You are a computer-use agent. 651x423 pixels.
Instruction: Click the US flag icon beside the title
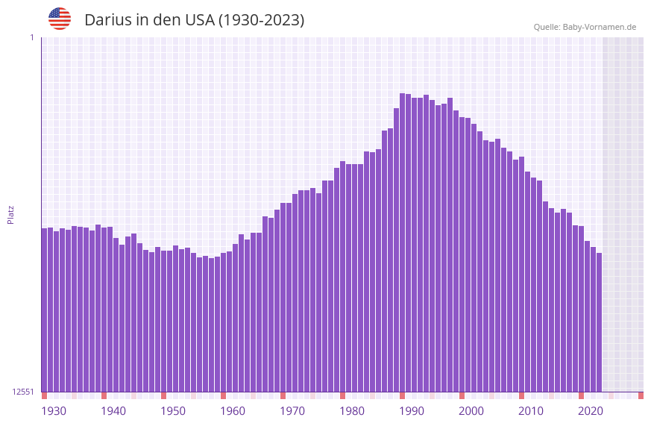click(x=60, y=19)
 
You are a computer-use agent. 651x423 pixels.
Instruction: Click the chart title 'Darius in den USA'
click(x=194, y=20)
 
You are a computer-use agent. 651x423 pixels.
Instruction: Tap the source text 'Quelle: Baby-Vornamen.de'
click(x=585, y=27)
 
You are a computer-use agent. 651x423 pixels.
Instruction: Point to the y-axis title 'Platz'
click(x=10, y=214)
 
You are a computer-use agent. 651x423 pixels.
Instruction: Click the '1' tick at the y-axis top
click(x=31, y=37)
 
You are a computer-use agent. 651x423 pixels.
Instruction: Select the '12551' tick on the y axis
click(x=23, y=392)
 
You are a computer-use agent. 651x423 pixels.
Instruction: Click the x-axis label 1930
click(x=54, y=411)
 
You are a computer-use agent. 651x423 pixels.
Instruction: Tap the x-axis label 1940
click(x=113, y=411)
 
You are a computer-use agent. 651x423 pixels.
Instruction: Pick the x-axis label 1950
click(x=173, y=411)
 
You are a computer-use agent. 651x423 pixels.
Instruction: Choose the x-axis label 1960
click(x=233, y=411)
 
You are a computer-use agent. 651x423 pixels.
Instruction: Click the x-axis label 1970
click(x=292, y=411)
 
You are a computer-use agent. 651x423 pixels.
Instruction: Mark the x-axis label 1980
click(x=352, y=411)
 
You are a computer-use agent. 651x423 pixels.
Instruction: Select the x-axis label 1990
click(x=412, y=411)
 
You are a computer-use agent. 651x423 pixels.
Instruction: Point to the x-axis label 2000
click(x=471, y=411)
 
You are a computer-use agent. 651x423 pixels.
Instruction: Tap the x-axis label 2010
click(x=531, y=411)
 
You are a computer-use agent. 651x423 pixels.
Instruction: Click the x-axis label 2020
click(x=591, y=411)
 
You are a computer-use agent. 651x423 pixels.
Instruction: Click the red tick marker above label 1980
click(x=342, y=395)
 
